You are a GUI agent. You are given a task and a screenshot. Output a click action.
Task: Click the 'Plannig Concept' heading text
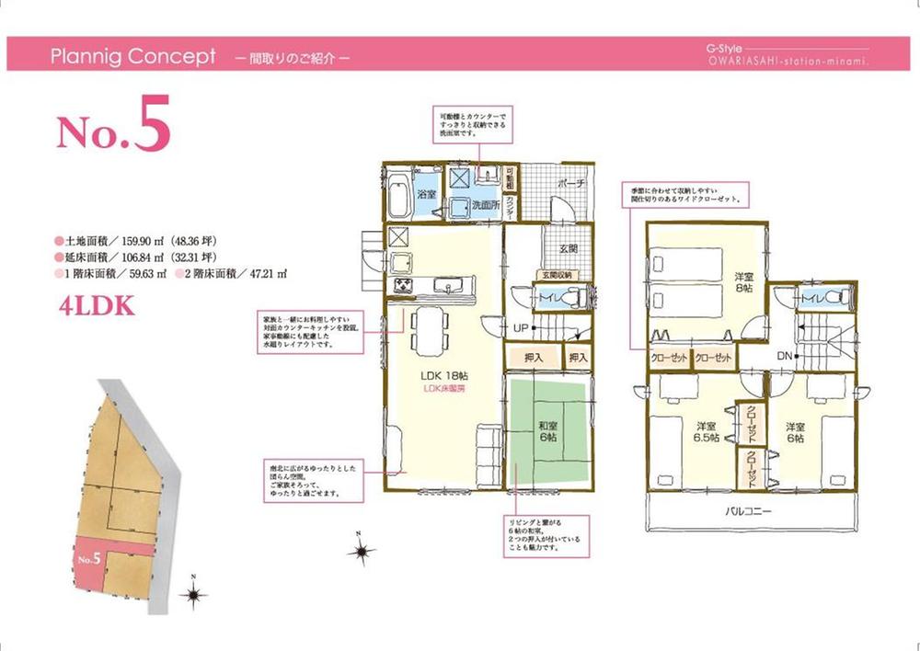133,56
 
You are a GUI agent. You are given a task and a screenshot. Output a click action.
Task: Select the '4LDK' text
97,306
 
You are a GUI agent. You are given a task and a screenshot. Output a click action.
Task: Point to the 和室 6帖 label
548,431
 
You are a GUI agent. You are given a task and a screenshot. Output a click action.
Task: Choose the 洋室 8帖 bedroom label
742,282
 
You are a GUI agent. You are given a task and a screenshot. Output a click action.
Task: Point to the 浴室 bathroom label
426,195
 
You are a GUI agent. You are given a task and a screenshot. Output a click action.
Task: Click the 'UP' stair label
520,327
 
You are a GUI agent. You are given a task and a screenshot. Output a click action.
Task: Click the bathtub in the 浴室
398,194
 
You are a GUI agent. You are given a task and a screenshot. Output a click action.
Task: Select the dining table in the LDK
426,329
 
